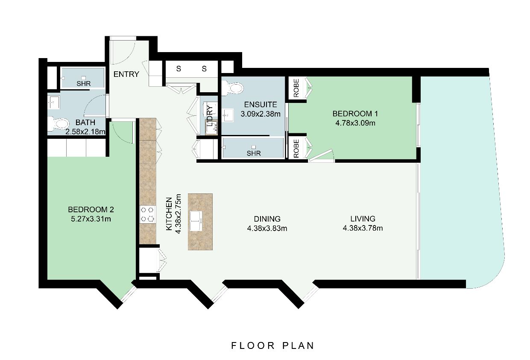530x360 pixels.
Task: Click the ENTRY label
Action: [x=126, y=74]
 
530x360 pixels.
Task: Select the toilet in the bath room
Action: [x=58, y=124]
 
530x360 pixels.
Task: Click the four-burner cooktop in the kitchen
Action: [x=148, y=214]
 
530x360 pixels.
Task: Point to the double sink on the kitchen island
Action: [x=196, y=221]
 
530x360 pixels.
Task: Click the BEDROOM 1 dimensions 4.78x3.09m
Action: [x=355, y=123]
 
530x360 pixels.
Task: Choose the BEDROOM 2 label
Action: [x=91, y=210]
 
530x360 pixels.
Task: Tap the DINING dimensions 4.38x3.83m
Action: [x=267, y=228]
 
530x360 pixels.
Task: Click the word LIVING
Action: [x=363, y=219]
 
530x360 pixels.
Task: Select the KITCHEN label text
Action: [x=169, y=214]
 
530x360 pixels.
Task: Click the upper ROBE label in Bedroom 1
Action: [x=296, y=88]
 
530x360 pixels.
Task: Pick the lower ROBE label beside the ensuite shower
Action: [x=296, y=149]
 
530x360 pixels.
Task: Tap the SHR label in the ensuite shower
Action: [x=254, y=153]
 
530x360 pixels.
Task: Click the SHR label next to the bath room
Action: [x=84, y=84]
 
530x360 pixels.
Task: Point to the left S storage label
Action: [x=179, y=69]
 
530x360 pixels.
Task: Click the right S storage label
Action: [x=204, y=69]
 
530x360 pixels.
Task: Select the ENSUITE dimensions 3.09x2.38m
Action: [x=261, y=114]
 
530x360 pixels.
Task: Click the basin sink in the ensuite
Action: [x=228, y=115]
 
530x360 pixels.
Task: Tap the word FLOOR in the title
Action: [x=253, y=345]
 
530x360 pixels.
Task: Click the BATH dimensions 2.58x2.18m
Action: [x=85, y=132]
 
